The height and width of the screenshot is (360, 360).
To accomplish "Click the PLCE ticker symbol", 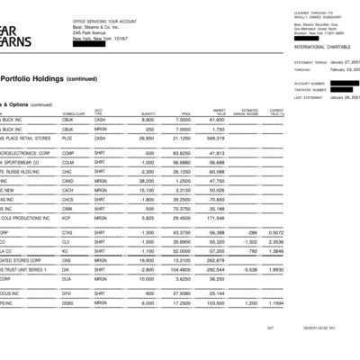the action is [67, 139].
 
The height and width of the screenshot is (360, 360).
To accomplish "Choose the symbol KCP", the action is [67, 218].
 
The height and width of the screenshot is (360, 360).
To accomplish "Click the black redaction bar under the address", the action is [90, 46].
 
